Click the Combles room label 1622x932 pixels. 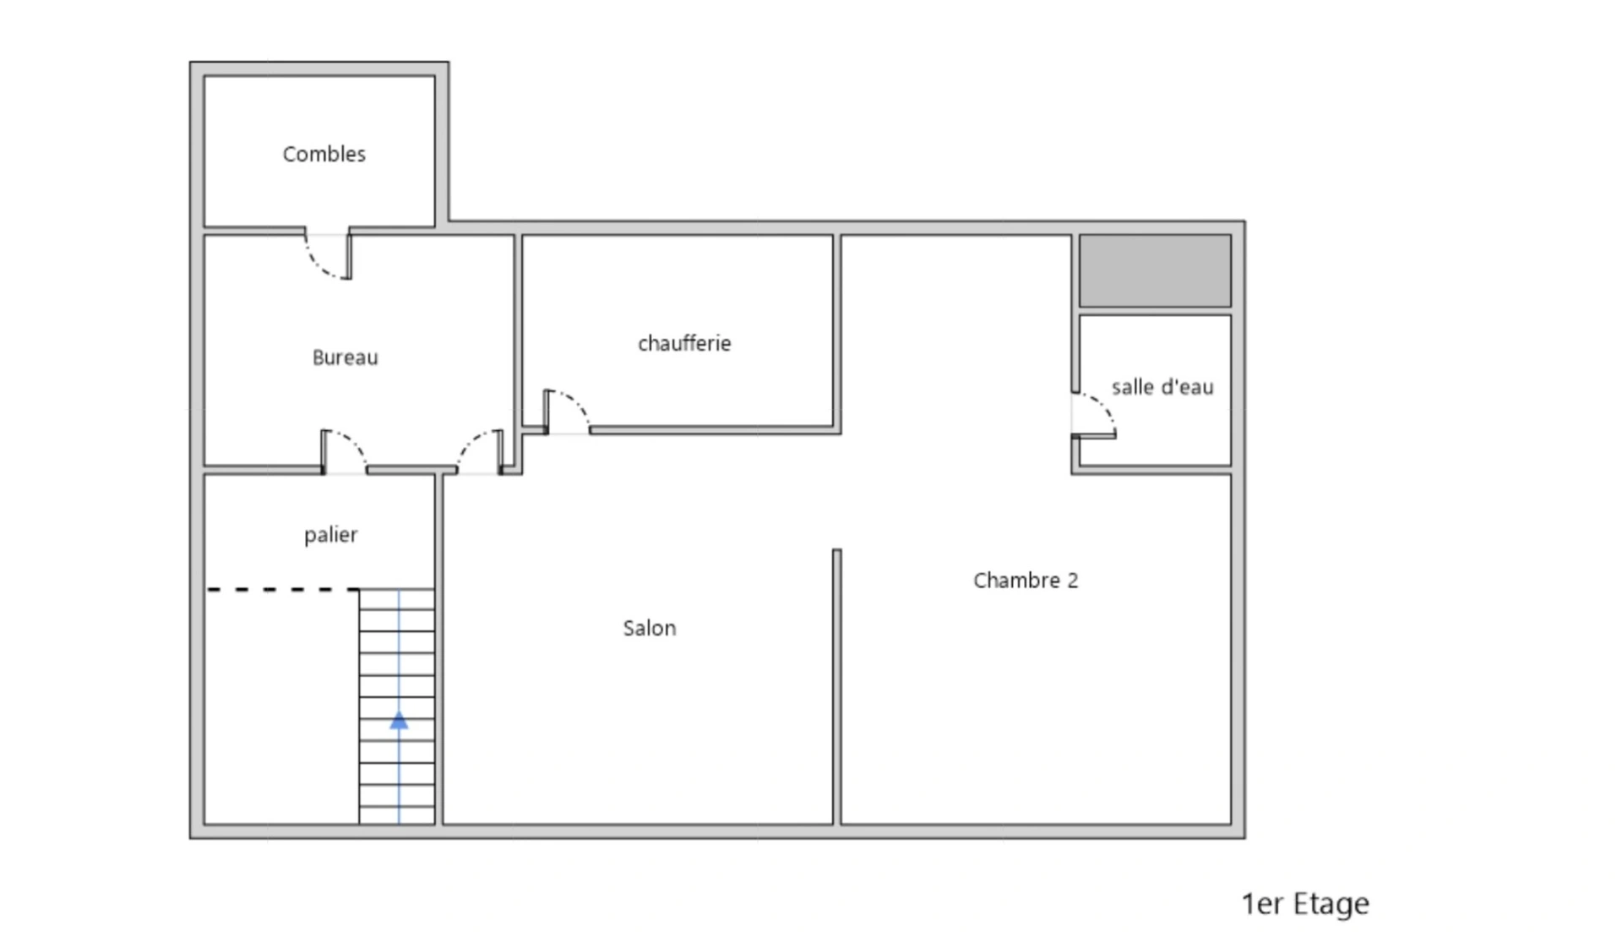click(x=324, y=154)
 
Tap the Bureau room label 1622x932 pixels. click(x=345, y=357)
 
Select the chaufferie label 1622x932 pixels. click(x=684, y=343)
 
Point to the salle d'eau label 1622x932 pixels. click(x=1162, y=387)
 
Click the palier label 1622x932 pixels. click(x=330, y=535)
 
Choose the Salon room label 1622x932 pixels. click(x=649, y=628)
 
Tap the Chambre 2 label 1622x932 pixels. click(x=1026, y=580)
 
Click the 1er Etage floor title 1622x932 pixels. click(x=1305, y=904)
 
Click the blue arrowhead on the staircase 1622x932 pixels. click(x=399, y=720)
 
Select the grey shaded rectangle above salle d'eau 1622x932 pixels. click(x=1155, y=270)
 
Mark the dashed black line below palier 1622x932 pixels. click(x=283, y=589)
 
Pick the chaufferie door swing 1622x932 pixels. click(x=567, y=411)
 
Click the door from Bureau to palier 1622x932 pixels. click(x=344, y=452)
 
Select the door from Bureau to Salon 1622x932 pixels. click(x=480, y=452)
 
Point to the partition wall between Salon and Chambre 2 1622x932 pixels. click(x=836, y=687)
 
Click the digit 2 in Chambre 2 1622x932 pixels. click(x=1073, y=580)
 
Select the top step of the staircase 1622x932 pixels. click(x=397, y=599)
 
